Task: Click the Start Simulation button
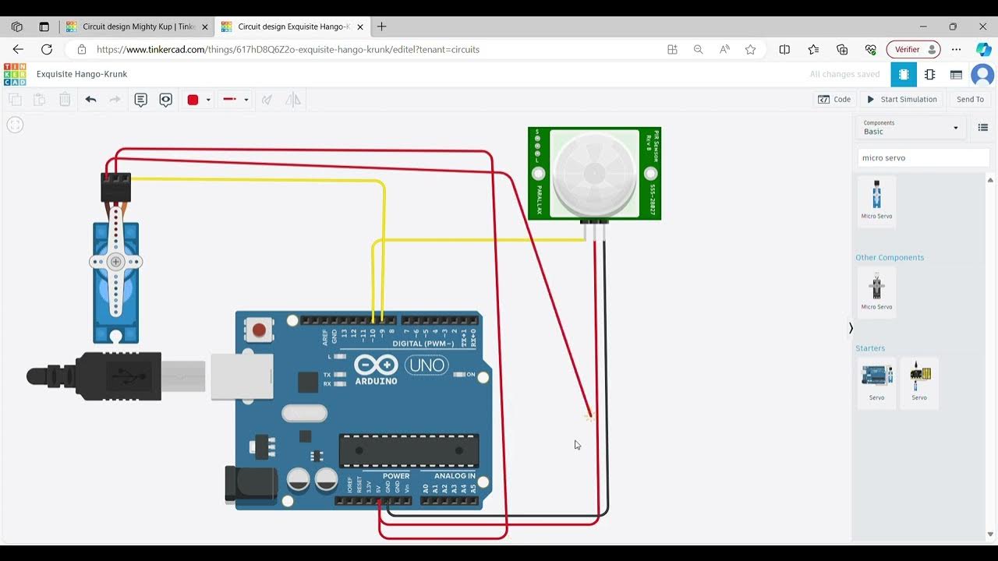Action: point(901,99)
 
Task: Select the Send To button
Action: point(970,99)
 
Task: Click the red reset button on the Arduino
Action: point(259,330)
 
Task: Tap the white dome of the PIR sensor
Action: point(594,173)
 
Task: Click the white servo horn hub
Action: point(116,262)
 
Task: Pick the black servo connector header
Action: point(115,187)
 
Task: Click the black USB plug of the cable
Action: point(117,376)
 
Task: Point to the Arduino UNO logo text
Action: point(426,365)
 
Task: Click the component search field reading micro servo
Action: point(922,157)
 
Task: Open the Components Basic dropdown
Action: point(911,127)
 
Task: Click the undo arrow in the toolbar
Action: point(90,99)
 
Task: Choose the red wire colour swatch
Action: point(193,100)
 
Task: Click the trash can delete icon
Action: point(65,99)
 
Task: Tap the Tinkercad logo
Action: point(15,74)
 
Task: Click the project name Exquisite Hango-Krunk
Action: point(82,74)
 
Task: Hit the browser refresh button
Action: point(47,49)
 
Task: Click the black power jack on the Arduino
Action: point(250,484)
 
